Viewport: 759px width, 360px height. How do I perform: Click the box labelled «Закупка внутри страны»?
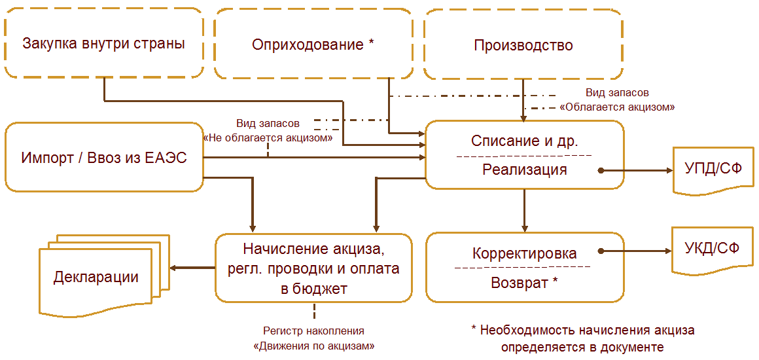pyautogui.click(x=103, y=45)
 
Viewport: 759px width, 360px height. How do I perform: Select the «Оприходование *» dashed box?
pyautogui.click(x=313, y=45)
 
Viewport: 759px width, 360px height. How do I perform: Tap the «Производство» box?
pyautogui.click(x=523, y=45)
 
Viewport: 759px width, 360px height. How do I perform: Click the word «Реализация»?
pyautogui.click(x=525, y=170)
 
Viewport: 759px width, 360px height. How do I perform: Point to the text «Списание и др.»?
pyautogui.click(x=525, y=141)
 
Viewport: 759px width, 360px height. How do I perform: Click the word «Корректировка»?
pyautogui.click(x=525, y=253)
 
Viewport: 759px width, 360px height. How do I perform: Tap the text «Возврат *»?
pyautogui.click(x=525, y=283)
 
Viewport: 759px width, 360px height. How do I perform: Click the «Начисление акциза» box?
pyautogui.click(x=313, y=268)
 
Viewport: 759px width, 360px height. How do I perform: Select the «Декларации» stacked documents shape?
pyautogui.click(x=98, y=276)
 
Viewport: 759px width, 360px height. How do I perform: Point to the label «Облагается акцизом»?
pyautogui.click(x=617, y=106)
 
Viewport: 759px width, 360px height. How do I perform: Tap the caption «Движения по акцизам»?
pyautogui.click(x=313, y=345)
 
